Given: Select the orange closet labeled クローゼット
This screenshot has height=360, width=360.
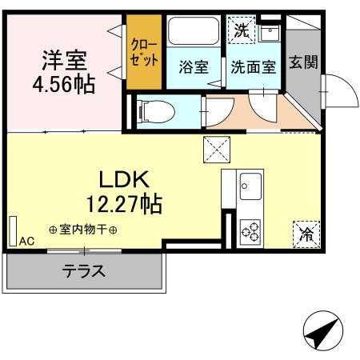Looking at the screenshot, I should pos(144,53).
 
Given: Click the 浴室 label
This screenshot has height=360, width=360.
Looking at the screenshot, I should pos(193,67).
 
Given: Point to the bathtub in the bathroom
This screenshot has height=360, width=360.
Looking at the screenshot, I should pos(193,34).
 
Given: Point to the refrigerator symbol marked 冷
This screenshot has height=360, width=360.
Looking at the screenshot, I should pos(306,234).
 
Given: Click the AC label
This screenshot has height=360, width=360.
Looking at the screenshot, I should pos(26,241).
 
